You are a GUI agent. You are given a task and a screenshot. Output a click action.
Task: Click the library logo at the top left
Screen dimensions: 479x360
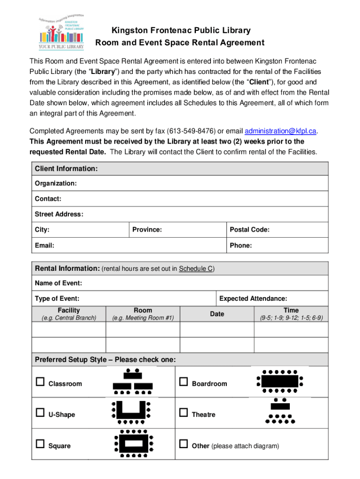pos(62,31)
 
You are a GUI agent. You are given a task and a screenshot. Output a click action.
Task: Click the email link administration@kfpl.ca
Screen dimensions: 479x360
pos(281,131)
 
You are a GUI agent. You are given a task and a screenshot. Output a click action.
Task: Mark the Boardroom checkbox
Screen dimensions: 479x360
pos(184,383)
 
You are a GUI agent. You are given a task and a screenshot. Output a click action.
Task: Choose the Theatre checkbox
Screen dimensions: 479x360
pos(184,414)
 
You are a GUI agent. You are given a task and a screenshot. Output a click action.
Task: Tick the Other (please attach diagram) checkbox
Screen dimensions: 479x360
pos(184,445)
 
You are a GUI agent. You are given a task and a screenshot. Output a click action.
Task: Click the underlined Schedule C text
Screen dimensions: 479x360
pos(196,269)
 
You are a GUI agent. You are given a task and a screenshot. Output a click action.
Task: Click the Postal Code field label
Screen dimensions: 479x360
pos(250,230)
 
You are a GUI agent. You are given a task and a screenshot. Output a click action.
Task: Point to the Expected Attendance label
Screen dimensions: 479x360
pos(253,298)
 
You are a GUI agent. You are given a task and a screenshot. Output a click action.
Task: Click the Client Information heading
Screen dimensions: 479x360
pos(66,168)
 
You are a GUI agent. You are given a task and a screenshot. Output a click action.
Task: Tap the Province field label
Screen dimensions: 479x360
pos(147,230)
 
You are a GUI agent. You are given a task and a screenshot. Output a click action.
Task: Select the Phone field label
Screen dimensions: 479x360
pos(241,245)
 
